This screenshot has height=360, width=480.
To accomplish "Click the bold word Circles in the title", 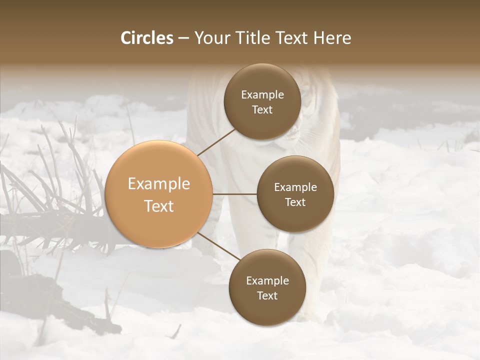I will [147, 38].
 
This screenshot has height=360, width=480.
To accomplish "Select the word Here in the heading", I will [332, 38].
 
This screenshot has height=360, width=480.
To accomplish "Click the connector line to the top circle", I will [216, 142].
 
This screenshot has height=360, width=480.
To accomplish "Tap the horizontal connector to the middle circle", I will [234, 194].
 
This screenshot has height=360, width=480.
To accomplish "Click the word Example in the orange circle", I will [159, 184].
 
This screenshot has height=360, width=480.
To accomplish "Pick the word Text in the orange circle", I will [159, 206].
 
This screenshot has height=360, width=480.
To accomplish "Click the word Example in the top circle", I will [262, 95].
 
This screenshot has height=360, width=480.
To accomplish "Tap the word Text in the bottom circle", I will [267, 295].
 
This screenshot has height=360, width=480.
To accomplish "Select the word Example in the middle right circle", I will [295, 187].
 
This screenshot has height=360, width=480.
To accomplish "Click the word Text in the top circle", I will [262, 110].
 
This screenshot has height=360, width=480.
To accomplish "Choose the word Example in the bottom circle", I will [267, 280].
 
